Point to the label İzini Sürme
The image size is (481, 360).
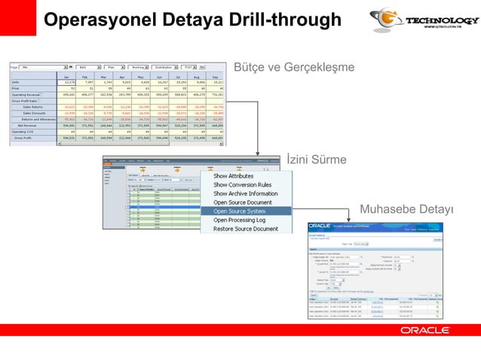click(x=317, y=160)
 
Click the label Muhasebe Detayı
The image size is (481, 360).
click(x=406, y=208)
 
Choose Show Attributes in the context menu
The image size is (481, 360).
click(x=234, y=175)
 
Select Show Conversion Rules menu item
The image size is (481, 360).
click(x=243, y=185)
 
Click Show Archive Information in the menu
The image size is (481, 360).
click(x=246, y=194)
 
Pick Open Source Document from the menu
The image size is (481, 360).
click(x=243, y=202)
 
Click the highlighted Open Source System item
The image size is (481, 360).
click(x=240, y=211)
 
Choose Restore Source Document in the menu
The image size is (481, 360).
click(x=246, y=229)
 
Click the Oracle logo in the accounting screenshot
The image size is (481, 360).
click(x=320, y=226)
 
